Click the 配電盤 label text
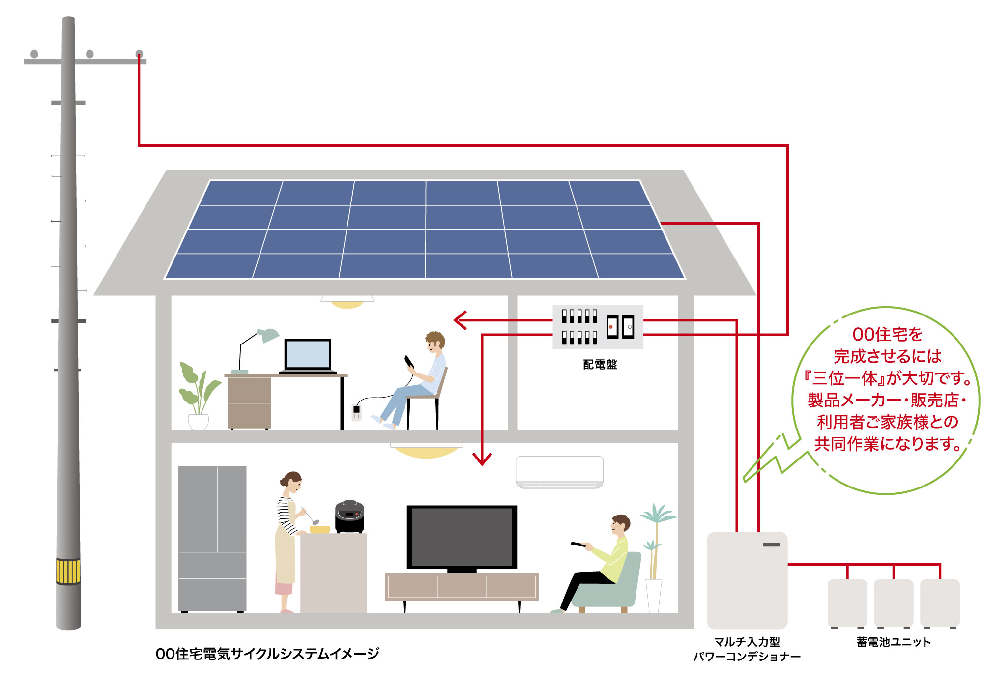600,364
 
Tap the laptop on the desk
308,355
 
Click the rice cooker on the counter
349,516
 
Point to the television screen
462,536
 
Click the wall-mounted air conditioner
559,472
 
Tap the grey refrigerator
212,538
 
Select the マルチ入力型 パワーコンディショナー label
747,649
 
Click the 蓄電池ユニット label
893,642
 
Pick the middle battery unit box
893,603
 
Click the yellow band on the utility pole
68,571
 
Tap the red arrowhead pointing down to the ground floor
482,459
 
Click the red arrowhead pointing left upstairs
459,320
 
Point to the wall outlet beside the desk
356,412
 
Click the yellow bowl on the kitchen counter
319,529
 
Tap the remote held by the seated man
578,544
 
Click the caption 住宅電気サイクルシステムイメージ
267,654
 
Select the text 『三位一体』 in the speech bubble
843,378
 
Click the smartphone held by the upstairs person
409,362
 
